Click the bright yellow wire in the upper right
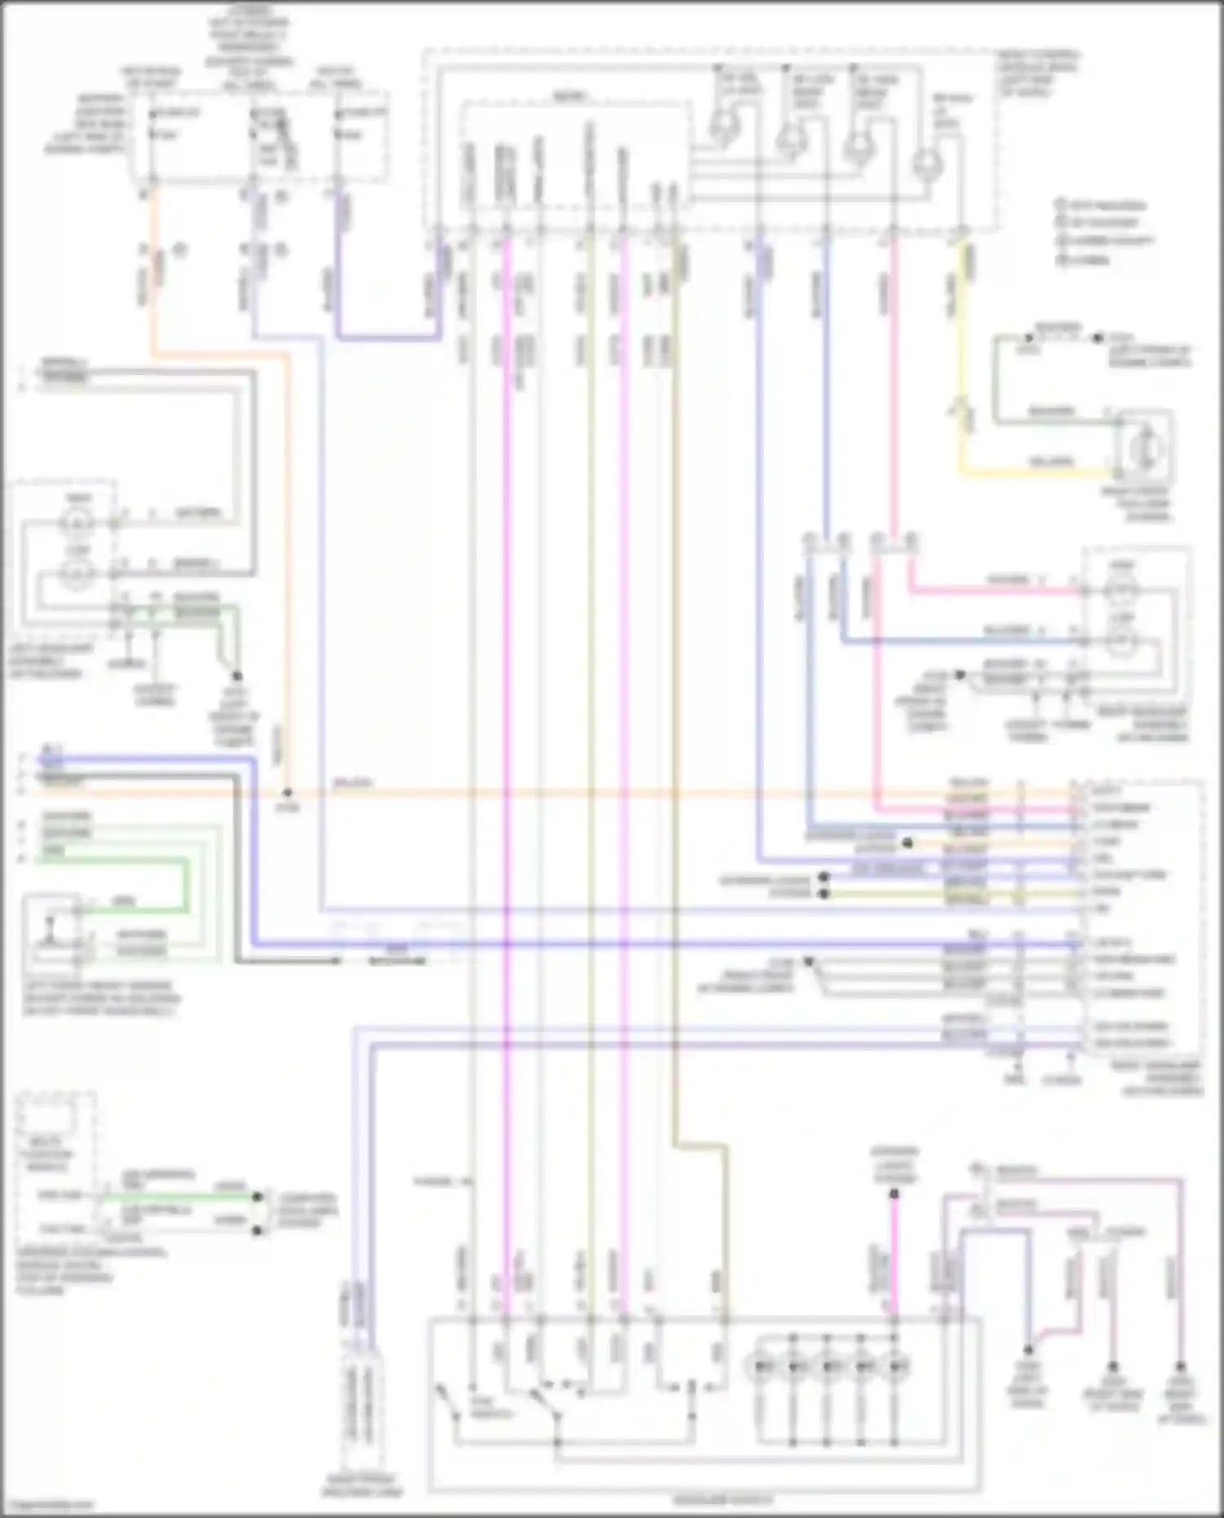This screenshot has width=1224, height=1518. [1036, 471]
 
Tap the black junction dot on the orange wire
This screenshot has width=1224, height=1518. [287, 792]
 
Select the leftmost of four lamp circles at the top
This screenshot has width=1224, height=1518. [722, 127]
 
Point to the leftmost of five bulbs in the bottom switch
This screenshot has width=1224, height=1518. [761, 1365]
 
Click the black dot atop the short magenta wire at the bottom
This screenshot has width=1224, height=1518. [894, 1194]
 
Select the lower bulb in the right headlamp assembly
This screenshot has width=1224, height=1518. [1123, 642]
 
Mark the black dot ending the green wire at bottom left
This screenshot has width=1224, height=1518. [258, 1197]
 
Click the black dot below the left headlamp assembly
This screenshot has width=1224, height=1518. [237, 676]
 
